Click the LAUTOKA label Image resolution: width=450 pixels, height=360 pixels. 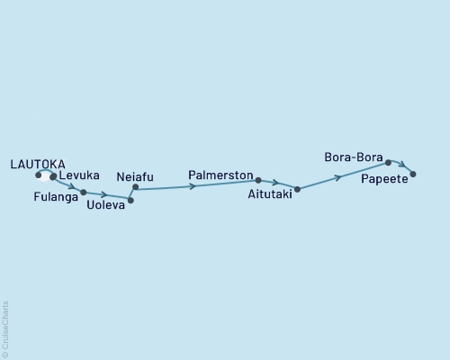click(x=37, y=163)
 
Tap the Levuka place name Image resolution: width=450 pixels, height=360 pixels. click(x=78, y=175)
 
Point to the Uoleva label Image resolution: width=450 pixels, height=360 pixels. click(x=106, y=205)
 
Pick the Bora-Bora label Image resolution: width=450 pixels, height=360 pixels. click(x=354, y=157)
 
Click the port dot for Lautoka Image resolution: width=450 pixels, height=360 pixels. click(x=39, y=175)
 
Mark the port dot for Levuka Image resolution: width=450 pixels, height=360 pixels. click(x=53, y=176)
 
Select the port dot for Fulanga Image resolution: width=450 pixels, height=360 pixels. click(x=84, y=192)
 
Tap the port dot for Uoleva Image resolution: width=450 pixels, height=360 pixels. click(x=130, y=200)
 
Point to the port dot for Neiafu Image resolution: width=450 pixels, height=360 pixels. click(x=135, y=187)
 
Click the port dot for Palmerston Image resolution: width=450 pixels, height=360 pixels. click(x=257, y=180)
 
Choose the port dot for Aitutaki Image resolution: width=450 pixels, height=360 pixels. click(x=296, y=190)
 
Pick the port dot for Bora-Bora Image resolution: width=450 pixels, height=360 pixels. click(x=388, y=163)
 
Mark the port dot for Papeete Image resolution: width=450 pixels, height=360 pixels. click(x=412, y=174)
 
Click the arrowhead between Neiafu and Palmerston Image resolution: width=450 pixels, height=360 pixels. click(x=193, y=185)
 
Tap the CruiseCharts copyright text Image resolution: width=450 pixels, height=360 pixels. click(x=5, y=329)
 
